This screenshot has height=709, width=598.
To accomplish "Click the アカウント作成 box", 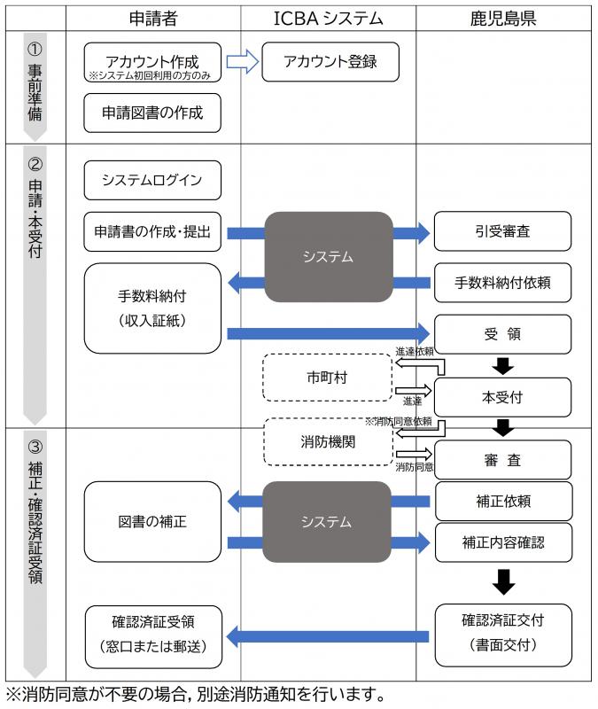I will coord(152,65).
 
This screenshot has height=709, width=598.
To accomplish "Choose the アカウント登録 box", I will coord(330,61).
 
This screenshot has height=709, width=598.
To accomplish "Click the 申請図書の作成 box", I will coord(152,113).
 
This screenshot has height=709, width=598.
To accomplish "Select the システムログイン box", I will coord(152,180).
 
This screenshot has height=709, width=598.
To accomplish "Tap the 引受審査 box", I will coord(503,232).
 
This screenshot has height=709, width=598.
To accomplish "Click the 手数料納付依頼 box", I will coord(503,283).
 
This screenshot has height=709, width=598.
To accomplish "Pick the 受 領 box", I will coord(503,333).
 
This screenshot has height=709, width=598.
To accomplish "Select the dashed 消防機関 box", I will coord(327,441).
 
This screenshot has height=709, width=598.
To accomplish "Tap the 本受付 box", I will coord(503,396).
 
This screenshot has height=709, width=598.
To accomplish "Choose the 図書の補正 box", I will coord(152,521).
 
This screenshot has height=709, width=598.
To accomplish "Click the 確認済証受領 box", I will coord(152,636).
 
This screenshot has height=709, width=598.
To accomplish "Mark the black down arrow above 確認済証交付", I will coord(503,582).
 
